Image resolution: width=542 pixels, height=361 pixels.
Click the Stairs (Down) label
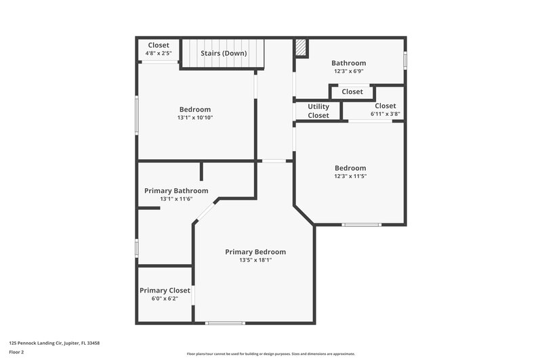click(224, 53)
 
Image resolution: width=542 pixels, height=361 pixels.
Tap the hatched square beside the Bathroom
click(301, 47)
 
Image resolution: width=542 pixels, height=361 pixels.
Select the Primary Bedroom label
click(255, 252)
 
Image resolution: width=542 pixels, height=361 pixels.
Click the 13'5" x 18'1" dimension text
click(255, 260)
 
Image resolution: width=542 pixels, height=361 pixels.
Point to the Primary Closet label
click(165, 291)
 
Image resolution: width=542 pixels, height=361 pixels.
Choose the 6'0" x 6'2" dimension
click(165, 299)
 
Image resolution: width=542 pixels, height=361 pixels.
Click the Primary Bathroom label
click(176, 191)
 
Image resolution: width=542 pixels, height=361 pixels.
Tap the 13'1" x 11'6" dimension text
click(176, 199)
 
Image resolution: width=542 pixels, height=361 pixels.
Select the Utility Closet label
click(318, 111)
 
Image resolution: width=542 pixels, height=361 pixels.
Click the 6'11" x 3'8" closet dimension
click(385, 114)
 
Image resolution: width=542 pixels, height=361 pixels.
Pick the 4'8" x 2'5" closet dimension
click(158, 54)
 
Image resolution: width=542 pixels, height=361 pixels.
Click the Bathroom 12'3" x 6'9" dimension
click(349, 71)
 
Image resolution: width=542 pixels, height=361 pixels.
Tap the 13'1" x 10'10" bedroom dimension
click(194, 118)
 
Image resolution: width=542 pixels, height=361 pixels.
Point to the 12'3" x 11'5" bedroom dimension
click(350, 176)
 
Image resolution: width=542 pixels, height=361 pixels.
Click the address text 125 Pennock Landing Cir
click(54, 343)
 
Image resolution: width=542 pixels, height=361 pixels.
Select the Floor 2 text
click(16, 352)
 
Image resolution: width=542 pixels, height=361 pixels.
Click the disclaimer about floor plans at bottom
click(270, 354)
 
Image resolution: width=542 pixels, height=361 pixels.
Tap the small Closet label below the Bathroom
click(352, 91)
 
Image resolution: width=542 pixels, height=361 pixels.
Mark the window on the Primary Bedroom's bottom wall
click(225, 323)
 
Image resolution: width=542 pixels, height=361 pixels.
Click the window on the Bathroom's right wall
click(405, 60)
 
